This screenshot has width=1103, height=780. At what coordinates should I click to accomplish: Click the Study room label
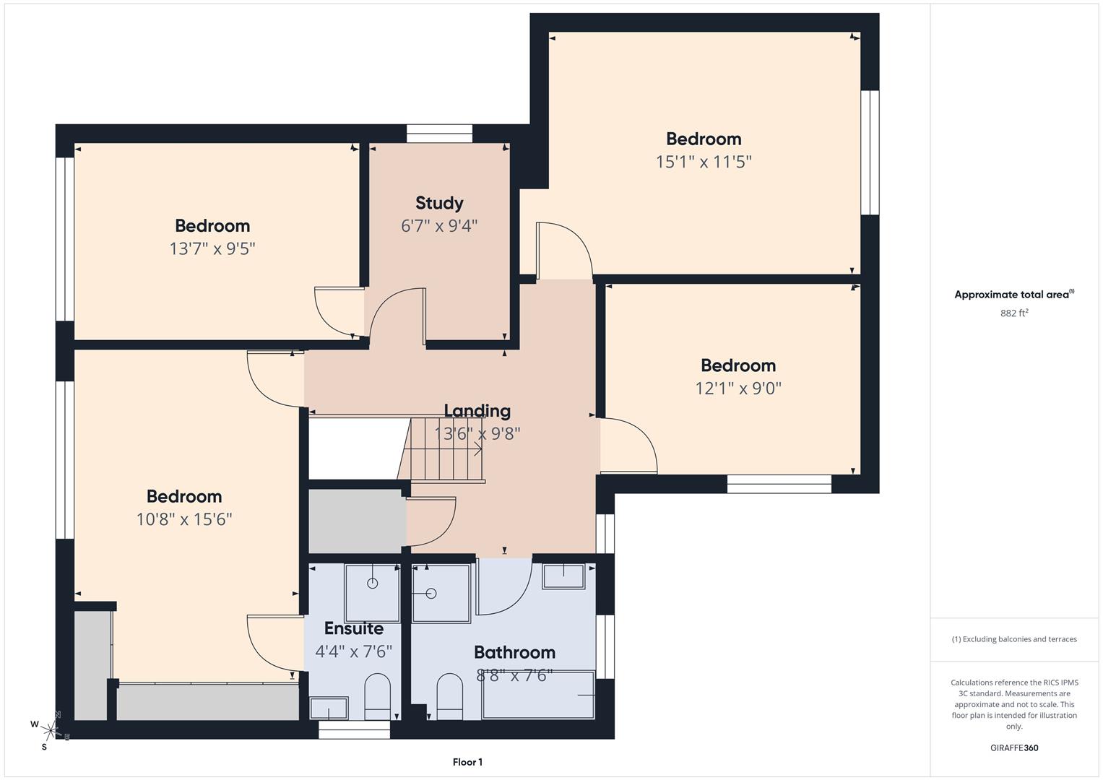coord(439,203)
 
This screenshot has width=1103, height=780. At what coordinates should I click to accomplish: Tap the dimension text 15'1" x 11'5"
coord(704,162)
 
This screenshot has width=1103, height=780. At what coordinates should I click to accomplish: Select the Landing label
coord(477,411)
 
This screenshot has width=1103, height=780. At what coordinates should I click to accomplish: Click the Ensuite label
coord(353,628)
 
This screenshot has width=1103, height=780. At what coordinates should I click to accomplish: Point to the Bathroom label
coord(514,652)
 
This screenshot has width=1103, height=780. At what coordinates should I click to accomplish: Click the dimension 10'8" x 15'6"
coord(184,519)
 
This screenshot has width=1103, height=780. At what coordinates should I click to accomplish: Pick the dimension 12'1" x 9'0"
coord(738,389)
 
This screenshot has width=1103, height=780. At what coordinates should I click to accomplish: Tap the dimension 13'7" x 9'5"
coord(212,249)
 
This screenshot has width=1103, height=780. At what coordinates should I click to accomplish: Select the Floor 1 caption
coord(467,762)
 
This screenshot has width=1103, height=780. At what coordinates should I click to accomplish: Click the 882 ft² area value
coord(1014,313)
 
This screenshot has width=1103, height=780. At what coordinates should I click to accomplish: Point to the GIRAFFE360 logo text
coord(1014,748)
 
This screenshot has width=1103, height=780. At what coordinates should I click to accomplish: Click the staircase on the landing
coord(442,450)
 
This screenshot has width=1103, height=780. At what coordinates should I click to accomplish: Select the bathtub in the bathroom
coord(538,695)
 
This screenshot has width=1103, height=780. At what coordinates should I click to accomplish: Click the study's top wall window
coord(439,134)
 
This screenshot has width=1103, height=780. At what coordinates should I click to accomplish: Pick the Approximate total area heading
coord(1014,295)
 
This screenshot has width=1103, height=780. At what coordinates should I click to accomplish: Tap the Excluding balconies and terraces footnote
coord(1014,639)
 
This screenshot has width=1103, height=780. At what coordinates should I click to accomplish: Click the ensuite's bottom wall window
coord(354,730)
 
